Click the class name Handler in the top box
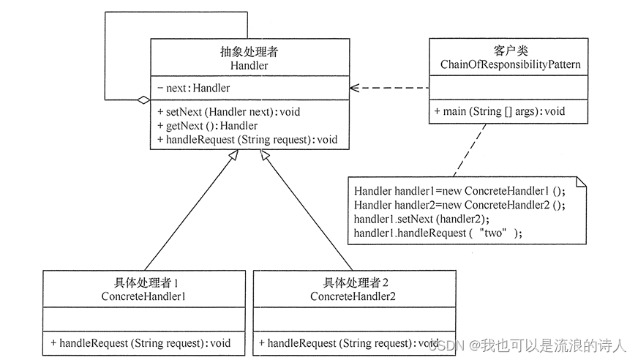(249, 66)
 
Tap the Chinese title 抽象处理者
(249, 53)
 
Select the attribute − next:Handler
(194, 89)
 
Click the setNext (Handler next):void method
(228, 112)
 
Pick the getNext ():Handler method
(207, 126)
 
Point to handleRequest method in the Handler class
(247, 139)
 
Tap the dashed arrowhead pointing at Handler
(354, 88)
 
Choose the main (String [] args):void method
(499, 112)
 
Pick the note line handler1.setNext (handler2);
(421, 219)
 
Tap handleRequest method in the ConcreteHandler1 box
(140, 342)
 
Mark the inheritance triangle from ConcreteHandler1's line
(232, 156)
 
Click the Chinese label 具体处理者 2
(353, 283)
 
